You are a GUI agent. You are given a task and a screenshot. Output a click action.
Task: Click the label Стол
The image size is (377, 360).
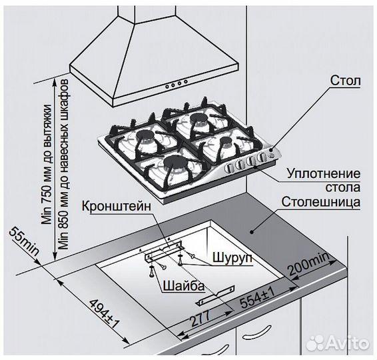[x=345, y=82]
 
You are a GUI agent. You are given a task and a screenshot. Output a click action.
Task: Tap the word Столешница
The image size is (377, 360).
[x=321, y=201]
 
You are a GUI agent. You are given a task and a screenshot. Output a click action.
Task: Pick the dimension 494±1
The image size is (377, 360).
[x=101, y=313]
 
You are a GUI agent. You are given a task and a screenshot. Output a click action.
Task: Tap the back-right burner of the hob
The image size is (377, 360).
[x=198, y=121]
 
